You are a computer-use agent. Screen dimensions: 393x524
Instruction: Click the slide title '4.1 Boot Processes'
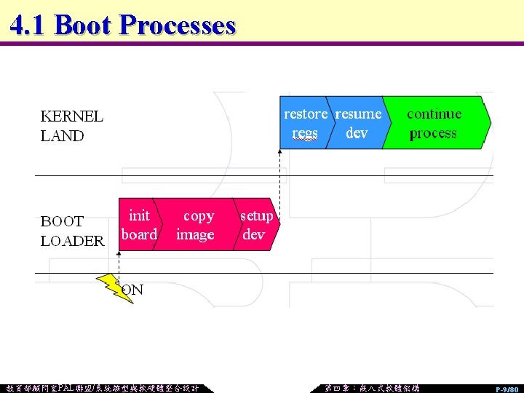(x=123, y=25)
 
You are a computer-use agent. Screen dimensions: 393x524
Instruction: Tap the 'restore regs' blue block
(x=305, y=123)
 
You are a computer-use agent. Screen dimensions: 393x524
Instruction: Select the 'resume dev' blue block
(x=357, y=123)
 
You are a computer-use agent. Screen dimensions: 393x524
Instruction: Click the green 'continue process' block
(x=434, y=123)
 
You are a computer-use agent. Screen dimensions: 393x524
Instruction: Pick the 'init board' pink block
(x=138, y=225)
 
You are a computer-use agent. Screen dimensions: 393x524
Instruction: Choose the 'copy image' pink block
(x=196, y=225)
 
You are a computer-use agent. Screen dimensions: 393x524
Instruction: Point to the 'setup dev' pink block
(x=256, y=225)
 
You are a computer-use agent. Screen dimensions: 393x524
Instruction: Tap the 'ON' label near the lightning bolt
(x=132, y=290)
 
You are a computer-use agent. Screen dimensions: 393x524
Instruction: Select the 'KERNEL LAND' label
(x=71, y=126)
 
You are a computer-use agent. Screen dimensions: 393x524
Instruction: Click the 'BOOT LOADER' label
(x=72, y=231)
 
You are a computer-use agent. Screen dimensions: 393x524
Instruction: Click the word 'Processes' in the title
(x=177, y=25)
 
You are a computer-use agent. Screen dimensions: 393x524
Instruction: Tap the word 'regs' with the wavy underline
(x=305, y=134)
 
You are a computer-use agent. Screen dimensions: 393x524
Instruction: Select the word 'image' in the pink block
(x=195, y=235)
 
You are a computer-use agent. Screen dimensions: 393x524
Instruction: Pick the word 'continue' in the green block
(x=434, y=114)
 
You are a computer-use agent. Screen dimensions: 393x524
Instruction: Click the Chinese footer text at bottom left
(x=102, y=388)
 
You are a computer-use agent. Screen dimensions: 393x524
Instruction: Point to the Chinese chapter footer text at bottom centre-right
(x=371, y=388)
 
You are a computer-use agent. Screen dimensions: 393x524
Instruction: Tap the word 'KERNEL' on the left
(x=71, y=116)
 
